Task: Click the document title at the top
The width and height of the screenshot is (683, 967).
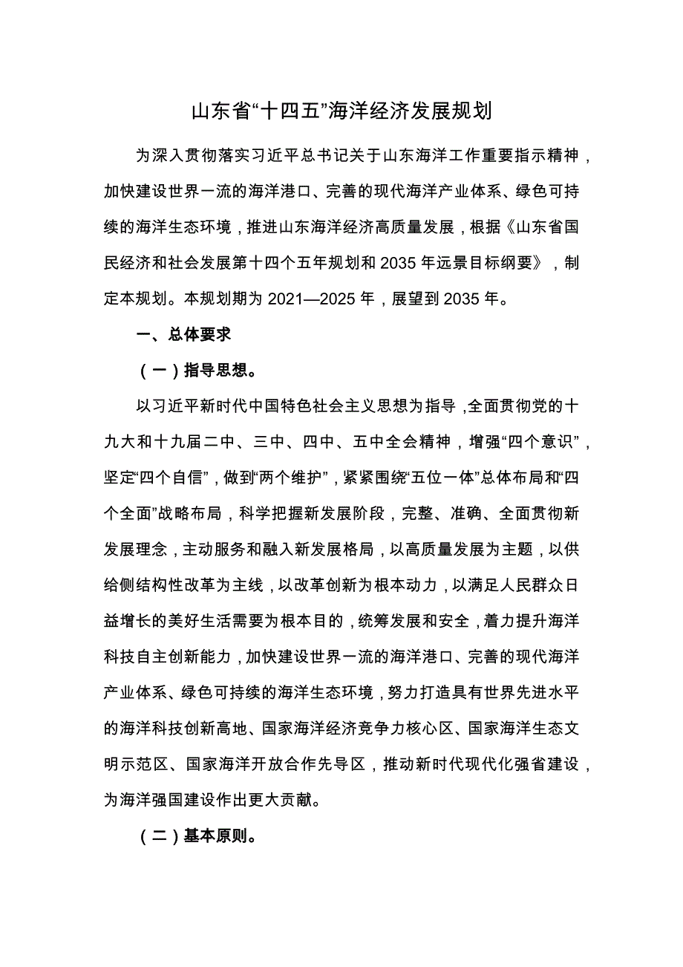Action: [x=341, y=112]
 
